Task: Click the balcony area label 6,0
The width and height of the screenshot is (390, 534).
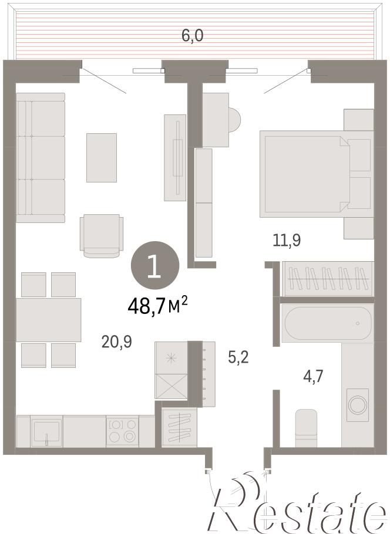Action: point(192,36)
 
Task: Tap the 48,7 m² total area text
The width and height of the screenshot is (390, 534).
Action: point(158,305)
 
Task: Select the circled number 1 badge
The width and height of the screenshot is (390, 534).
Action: point(155,265)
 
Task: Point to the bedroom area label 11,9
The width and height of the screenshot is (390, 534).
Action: point(287,241)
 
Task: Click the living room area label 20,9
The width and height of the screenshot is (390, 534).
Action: point(117,342)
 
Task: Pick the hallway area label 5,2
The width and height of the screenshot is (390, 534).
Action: point(238,357)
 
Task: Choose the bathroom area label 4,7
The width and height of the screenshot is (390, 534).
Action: point(313,377)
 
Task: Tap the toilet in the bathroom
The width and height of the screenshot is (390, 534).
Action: point(306,428)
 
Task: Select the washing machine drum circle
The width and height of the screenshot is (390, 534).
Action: point(358,405)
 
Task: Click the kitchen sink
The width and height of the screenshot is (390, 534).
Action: point(46,431)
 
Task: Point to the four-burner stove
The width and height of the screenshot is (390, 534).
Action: point(122,431)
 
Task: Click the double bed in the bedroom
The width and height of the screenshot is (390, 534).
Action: point(317,174)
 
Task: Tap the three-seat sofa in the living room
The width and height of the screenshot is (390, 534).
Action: point(41,158)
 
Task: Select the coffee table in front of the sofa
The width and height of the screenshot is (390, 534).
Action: point(102,158)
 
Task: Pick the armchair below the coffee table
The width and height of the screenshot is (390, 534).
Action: point(102,236)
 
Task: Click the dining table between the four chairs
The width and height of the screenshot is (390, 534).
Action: point(48,320)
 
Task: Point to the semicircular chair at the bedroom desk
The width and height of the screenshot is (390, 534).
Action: point(234,120)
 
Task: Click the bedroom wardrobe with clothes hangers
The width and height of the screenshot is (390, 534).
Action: point(328,279)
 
